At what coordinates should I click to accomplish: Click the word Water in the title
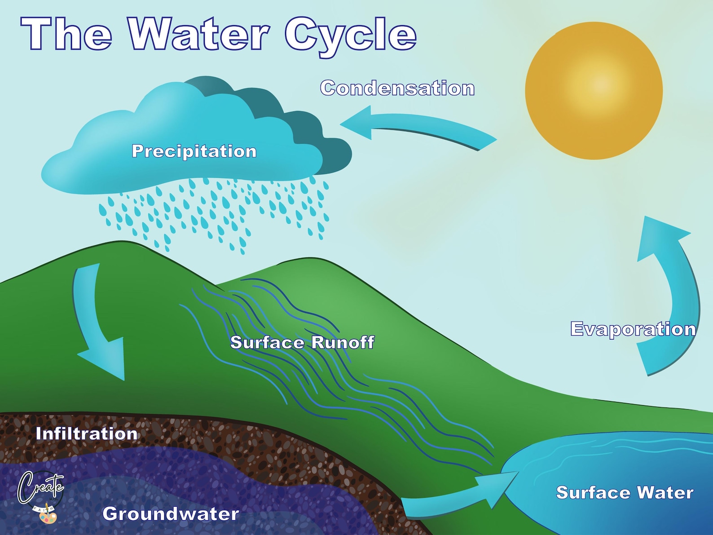(199, 34)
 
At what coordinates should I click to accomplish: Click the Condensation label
(397, 88)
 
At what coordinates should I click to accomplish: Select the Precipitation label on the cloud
(194, 151)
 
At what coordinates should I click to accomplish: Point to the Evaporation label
(633, 329)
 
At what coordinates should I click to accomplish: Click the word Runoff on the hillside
(343, 342)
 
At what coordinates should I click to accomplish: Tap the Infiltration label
(87, 433)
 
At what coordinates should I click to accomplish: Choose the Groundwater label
(171, 513)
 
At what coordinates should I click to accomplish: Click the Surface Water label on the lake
(625, 492)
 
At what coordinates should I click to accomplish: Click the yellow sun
(594, 91)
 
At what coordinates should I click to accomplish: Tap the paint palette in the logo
(48, 517)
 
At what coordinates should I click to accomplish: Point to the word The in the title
(66, 34)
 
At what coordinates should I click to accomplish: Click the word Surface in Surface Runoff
(267, 342)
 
